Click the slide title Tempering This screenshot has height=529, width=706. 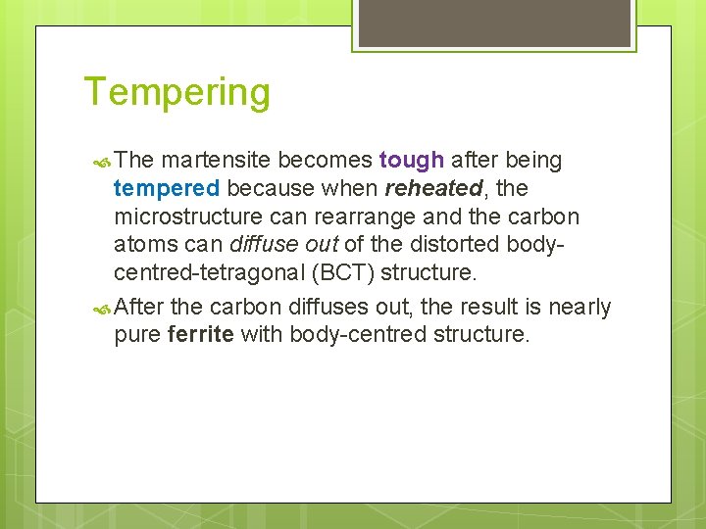point(177,93)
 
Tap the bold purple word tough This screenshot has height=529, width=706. point(412,160)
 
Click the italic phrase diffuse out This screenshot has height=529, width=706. point(285,244)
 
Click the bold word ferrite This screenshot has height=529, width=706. point(200,334)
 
